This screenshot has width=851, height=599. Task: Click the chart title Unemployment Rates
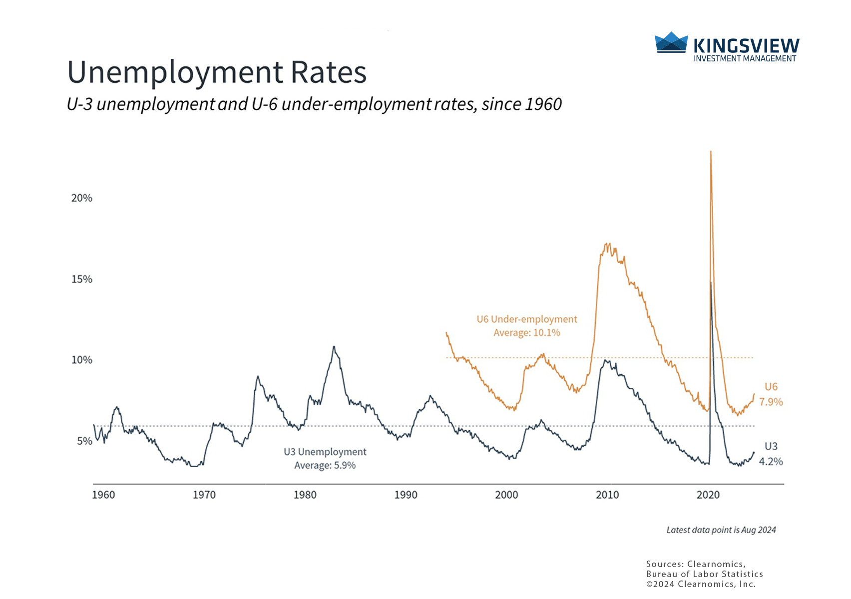tap(217, 72)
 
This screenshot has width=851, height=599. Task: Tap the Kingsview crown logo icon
tap(671, 42)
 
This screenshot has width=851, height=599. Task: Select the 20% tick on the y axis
tap(82, 198)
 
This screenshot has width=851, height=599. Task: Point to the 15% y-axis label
tap(82, 279)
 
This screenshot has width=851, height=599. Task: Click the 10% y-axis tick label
tap(82, 360)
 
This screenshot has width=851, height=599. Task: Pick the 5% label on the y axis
tap(84, 441)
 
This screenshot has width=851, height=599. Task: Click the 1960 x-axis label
tap(103, 495)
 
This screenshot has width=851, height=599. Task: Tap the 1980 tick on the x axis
tap(305, 495)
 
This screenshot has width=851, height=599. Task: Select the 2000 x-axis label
tap(506, 495)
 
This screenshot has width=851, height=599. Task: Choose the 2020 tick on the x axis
tap(708, 495)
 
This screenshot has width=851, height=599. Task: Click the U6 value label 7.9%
tap(771, 402)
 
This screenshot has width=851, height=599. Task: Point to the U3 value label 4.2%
tap(771, 462)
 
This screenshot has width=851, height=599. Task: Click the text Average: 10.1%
tap(527, 333)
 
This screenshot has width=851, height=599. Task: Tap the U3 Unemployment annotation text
tap(325, 452)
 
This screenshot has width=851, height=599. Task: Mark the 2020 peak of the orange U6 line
tap(711, 152)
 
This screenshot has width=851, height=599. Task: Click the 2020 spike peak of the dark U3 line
tap(711, 283)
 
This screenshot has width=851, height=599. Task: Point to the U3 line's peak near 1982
tap(334, 346)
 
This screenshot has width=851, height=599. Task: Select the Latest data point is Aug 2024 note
tap(721, 530)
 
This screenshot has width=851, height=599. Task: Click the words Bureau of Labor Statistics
tap(704, 574)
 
